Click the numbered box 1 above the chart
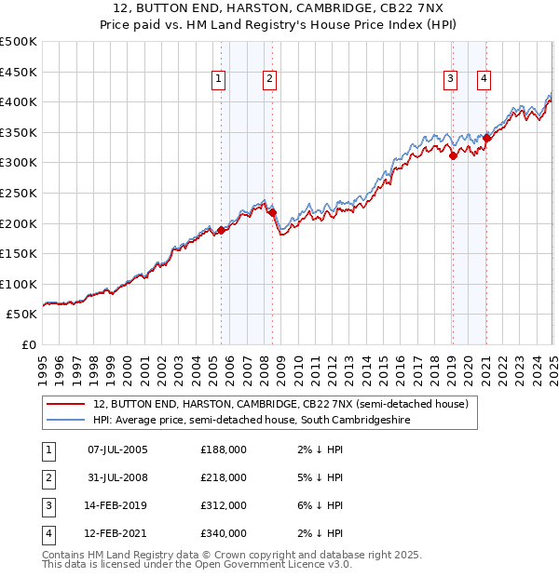(218, 80)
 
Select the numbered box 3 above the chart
(450, 80)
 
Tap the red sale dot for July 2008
(273, 213)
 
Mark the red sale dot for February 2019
(453, 156)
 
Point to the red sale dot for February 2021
(486, 139)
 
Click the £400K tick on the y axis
(20, 102)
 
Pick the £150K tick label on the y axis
(20, 253)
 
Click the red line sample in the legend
(66, 404)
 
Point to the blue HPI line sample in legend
(66, 421)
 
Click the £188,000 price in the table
(224, 450)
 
